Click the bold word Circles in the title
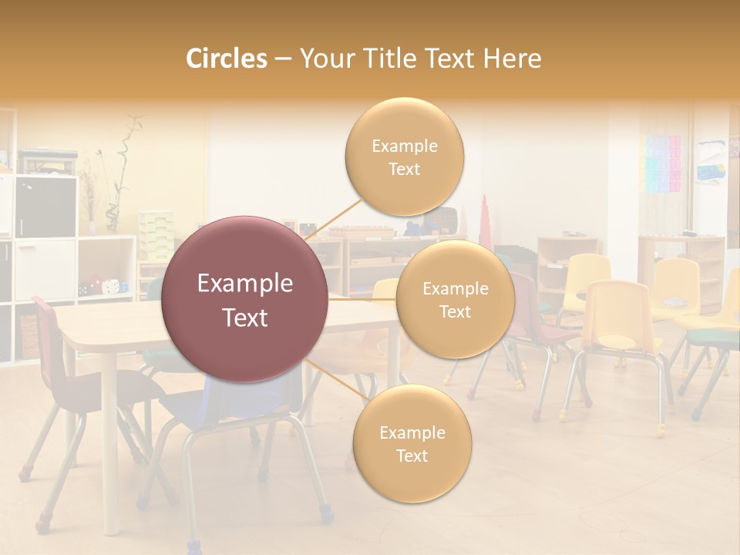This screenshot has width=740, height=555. pos(227,59)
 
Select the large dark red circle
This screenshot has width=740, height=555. pos(245,299)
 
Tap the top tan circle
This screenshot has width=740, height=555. pos(404,156)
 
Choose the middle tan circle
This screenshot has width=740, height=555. pos(455,299)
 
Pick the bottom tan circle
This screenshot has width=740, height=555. pos(412,443)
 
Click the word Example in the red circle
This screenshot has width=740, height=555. pos(245,284)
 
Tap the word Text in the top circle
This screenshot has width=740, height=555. pos(404,170)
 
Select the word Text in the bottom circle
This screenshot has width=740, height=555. pos(412,456)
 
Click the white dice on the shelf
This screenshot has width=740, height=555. pos(112,286)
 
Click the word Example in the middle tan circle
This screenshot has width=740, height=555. pos(455,289)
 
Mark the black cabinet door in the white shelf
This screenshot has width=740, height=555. pos(45,206)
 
